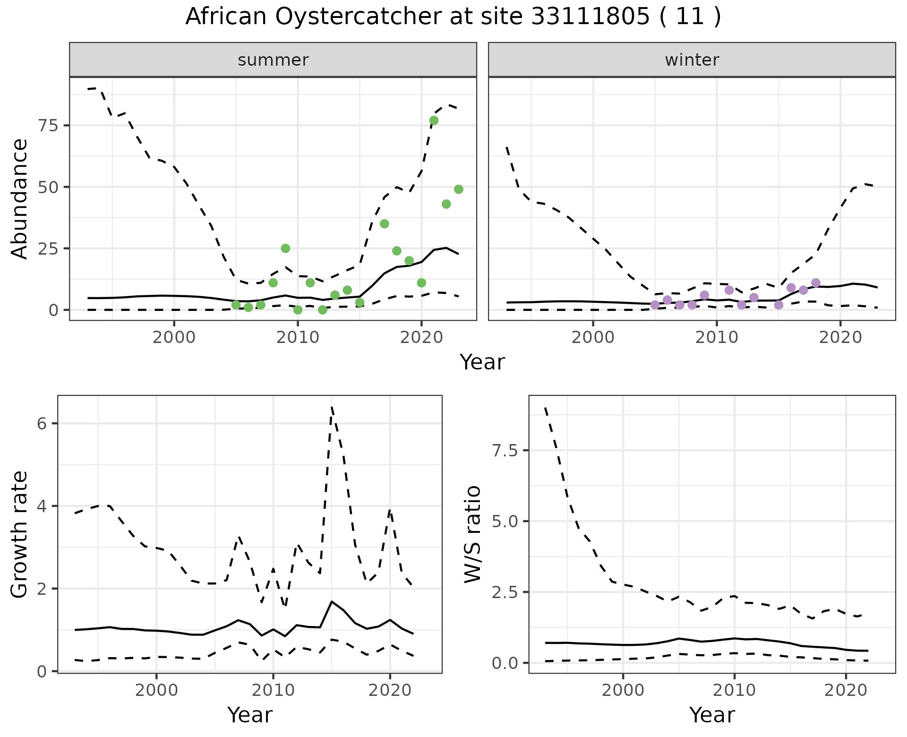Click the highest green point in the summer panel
[x=434, y=120]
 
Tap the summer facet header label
[x=273, y=60]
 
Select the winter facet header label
[x=692, y=60]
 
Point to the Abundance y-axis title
[x=20, y=198]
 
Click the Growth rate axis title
[x=20, y=534]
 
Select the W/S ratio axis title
[x=472, y=534]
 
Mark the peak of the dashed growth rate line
[x=332, y=407]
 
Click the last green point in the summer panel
[x=458, y=189]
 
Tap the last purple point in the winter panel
[x=815, y=283]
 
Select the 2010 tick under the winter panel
[x=717, y=338]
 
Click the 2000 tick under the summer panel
[x=174, y=338]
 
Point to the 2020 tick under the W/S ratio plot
[x=846, y=690]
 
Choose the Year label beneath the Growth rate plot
[x=250, y=715]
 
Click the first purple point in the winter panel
[x=655, y=305]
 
